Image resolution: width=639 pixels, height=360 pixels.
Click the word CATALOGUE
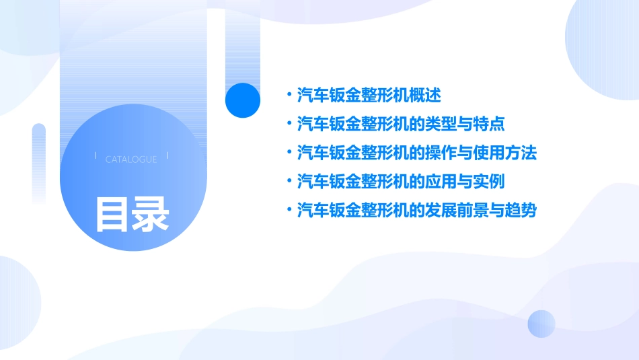[131, 159]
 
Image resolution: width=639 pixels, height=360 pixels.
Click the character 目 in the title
[112, 214]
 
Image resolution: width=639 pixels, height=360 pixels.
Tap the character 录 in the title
[151, 214]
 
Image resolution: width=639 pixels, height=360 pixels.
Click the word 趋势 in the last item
[521, 211]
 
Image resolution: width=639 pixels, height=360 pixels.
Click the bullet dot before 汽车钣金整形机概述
[289, 96]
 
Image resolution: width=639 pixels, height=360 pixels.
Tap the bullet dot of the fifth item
[289, 211]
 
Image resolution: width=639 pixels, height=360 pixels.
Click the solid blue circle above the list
[243, 100]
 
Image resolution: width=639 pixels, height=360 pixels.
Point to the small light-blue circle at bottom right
[541, 324]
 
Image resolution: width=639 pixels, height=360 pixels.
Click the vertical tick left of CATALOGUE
[96, 156]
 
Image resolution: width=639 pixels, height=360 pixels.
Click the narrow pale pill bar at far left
[38, 161]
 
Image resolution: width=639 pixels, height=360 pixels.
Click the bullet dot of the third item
[289, 153]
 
